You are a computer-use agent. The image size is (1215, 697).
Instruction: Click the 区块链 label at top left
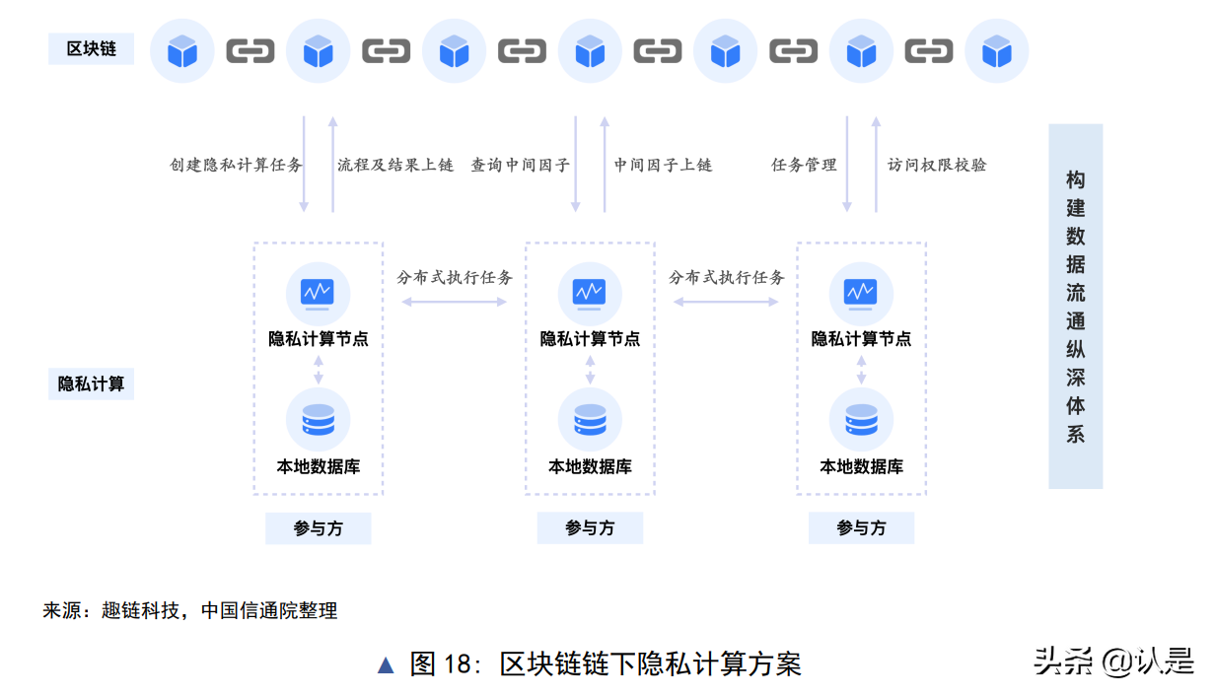coord(91,48)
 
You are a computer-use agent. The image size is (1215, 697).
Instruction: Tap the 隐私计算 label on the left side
coord(91,383)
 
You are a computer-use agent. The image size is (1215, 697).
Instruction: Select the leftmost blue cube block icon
coord(182,50)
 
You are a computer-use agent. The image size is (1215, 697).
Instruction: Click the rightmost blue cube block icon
coord(996,50)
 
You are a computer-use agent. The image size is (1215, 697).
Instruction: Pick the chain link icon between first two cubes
coord(250,50)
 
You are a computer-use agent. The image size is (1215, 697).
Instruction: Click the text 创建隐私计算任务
coord(236,165)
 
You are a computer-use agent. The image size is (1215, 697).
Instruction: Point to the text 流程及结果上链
coord(395,165)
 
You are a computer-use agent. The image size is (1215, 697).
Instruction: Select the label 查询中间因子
coord(520,165)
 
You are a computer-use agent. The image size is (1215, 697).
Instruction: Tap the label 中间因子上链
coord(663,165)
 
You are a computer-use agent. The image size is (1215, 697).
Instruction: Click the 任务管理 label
coord(804,165)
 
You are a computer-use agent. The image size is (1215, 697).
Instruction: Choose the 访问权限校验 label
coord(937,165)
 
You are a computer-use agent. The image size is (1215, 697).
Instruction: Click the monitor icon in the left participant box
coord(318,293)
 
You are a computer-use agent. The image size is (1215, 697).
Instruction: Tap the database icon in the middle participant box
coord(590,419)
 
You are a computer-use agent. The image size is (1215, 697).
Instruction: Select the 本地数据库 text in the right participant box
coord(861,466)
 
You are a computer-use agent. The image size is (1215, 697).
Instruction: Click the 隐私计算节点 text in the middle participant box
coord(590,338)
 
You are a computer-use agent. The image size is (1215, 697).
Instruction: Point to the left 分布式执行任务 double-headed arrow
coord(454,302)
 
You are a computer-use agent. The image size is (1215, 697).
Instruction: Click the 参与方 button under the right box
coord(861,527)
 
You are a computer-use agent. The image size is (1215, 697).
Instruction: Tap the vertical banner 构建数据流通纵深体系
coord(1075,306)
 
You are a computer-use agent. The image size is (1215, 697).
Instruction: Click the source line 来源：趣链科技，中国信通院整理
coord(189,610)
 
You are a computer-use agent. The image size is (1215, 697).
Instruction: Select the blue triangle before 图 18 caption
coord(386,664)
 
